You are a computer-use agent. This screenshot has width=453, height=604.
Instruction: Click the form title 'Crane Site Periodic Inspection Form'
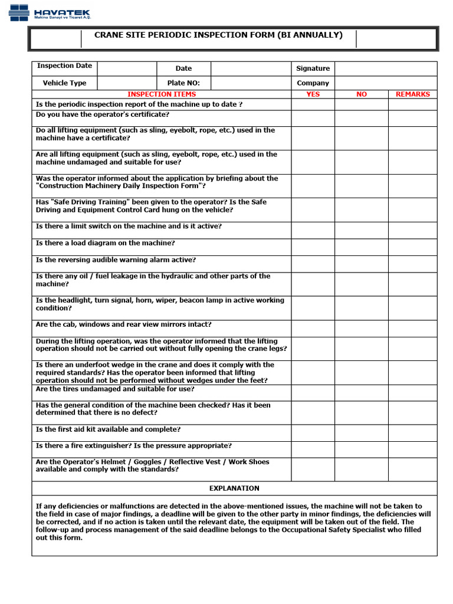218,35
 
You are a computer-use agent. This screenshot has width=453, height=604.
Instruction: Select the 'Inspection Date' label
64,66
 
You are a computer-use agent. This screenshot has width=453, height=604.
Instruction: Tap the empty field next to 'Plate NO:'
251,83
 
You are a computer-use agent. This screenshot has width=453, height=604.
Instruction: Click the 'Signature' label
313,68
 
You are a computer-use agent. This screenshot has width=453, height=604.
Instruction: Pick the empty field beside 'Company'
386,83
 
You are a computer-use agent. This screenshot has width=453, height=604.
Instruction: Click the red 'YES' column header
313,94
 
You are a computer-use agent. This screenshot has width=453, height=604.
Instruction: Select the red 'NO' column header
362,94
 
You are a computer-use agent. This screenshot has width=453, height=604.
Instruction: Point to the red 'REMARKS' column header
412,94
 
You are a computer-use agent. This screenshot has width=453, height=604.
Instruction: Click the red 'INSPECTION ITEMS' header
162,94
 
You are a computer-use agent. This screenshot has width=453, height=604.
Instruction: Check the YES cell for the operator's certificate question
313,118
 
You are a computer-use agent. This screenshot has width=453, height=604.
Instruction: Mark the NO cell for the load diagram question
362,247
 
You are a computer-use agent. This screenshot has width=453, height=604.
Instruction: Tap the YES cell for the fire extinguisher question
313,449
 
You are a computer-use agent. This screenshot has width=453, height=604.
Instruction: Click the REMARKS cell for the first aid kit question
412,433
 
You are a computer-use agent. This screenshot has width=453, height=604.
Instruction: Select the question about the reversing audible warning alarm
116,260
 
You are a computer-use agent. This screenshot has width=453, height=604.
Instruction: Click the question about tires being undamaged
115,389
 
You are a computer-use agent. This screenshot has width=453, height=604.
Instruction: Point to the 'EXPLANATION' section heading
234,488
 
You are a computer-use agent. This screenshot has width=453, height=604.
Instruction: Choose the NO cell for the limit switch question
362,230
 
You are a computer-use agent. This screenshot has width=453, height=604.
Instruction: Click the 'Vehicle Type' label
64,83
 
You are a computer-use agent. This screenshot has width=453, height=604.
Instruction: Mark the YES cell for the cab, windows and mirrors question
313,329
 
